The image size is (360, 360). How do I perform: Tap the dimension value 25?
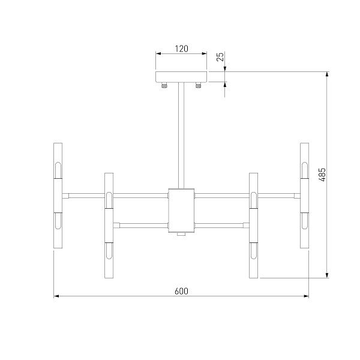(220, 58)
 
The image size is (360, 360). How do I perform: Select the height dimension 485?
(322, 175)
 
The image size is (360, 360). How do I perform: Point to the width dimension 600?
(181, 291)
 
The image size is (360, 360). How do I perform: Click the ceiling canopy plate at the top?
(181, 77)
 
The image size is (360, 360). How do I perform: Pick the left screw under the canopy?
(163, 86)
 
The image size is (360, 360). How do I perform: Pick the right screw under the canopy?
(199, 86)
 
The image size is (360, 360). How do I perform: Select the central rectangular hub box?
(181, 209)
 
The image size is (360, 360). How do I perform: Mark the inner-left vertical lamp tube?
(109, 226)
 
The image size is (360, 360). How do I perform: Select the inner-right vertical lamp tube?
(253, 226)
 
